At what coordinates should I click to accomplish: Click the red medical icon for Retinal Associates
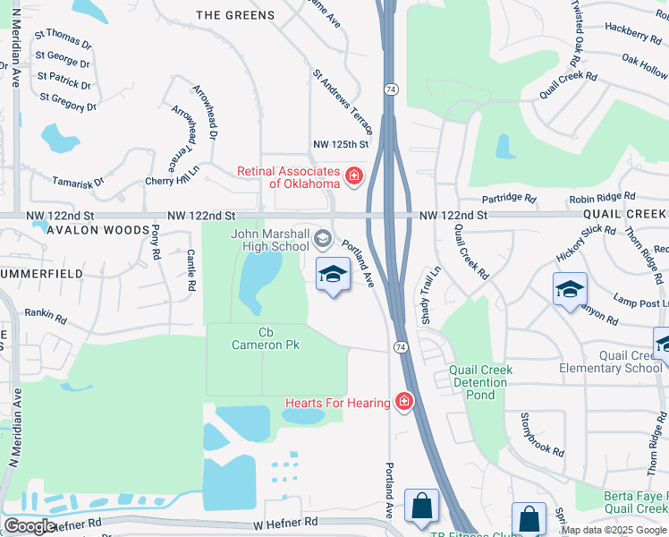click(x=354, y=176)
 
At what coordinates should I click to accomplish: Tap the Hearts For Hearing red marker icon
click(x=404, y=403)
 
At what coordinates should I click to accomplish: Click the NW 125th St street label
click(x=341, y=144)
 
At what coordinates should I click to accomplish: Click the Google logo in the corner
click(x=30, y=526)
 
